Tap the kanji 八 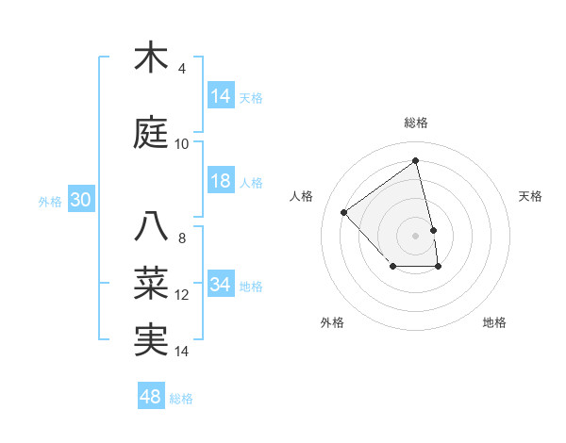coord(154,226)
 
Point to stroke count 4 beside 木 coord(182,69)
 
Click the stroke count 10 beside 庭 coord(182,144)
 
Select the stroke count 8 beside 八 coord(182,238)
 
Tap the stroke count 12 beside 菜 coord(182,295)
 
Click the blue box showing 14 coord(221,96)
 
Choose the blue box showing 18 coord(221,181)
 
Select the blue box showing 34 coord(221,285)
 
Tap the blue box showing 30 coord(80,200)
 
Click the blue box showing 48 coord(151,397)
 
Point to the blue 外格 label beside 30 coord(49,201)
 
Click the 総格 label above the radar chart coord(416,123)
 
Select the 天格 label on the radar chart coord(531,196)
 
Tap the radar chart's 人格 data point coord(344,212)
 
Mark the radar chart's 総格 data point coord(416,160)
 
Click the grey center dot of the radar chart coord(416,235)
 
